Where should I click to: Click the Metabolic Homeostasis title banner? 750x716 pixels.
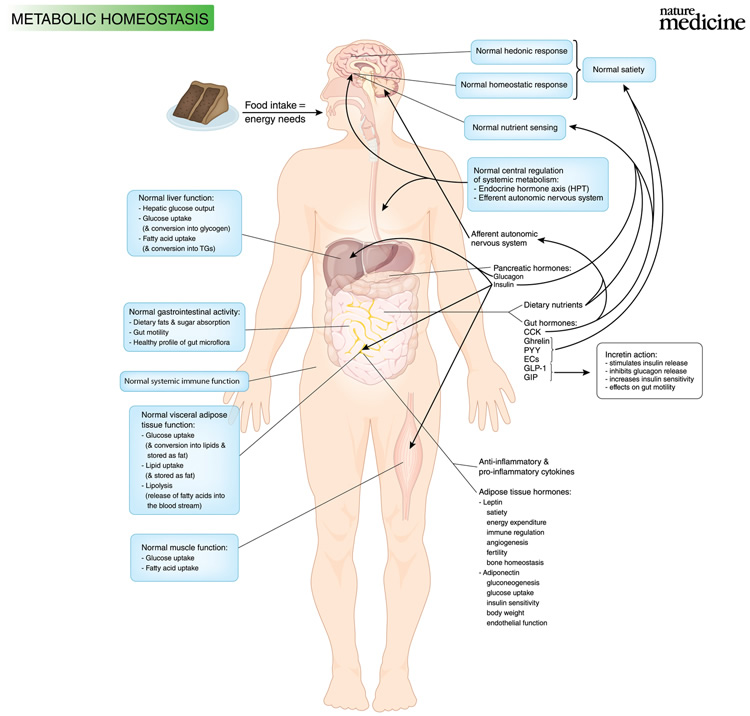click(111, 18)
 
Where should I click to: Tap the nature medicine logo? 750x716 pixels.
click(702, 19)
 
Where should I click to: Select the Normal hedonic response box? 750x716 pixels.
click(521, 52)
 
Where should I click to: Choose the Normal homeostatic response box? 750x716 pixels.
click(514, 85)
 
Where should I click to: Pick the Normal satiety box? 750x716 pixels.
click(618, 70)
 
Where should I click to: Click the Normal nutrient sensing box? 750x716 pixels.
click(515, 128)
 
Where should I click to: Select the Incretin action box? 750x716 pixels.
click(649, 371)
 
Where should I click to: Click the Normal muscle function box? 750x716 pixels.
click(184, 558)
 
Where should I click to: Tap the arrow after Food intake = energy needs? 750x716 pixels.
click(283, 113)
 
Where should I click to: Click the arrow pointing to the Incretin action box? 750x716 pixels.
click(572, 372)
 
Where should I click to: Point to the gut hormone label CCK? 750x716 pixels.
click(532, 332)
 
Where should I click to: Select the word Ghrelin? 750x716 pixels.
click(536, 341)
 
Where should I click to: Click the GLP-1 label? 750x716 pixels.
click(534, 368)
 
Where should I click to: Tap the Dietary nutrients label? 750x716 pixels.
click(553, 305)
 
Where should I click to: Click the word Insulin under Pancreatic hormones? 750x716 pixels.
click(504, 285)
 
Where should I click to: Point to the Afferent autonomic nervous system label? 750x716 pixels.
click(504, 238)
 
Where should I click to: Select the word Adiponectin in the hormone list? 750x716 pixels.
click(501, 573)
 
